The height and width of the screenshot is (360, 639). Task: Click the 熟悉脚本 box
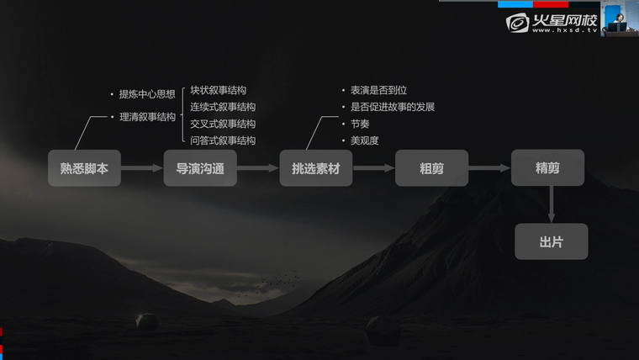84,168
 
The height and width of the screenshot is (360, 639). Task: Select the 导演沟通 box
200,168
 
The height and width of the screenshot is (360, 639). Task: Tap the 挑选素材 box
316,168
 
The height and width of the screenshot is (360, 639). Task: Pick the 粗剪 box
431,168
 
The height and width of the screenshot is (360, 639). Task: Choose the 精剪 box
547,167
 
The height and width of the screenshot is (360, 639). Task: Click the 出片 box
552,241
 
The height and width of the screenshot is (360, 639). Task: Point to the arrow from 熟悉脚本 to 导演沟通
142,168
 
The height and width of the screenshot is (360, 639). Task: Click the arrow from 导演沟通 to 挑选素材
258,168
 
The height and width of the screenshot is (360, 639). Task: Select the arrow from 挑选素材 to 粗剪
373,168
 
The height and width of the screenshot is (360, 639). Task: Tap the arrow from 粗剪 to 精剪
489,168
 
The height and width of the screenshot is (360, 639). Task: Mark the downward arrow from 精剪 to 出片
552,204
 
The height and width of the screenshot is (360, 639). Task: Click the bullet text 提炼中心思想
147,94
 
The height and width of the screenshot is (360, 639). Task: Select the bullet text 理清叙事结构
147,117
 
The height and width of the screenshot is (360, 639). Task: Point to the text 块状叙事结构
218,90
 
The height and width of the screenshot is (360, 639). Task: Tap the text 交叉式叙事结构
223,124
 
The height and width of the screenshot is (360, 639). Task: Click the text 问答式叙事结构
223,140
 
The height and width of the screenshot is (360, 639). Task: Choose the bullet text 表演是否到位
378,90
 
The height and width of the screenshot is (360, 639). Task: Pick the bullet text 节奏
360,124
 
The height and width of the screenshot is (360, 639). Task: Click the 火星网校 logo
552,23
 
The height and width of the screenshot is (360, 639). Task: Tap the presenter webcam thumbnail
620,19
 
